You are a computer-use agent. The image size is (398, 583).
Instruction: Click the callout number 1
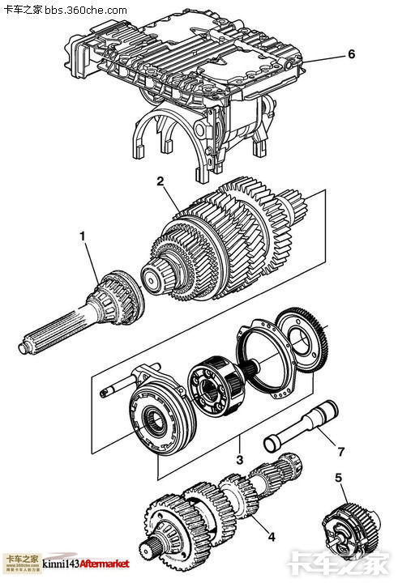[x=82, y=236]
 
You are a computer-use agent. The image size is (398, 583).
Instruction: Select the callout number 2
[x=161, y=181]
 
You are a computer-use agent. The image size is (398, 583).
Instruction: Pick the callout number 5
[x=339, y=478]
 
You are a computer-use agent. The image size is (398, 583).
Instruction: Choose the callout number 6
[x=351, y=54]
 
